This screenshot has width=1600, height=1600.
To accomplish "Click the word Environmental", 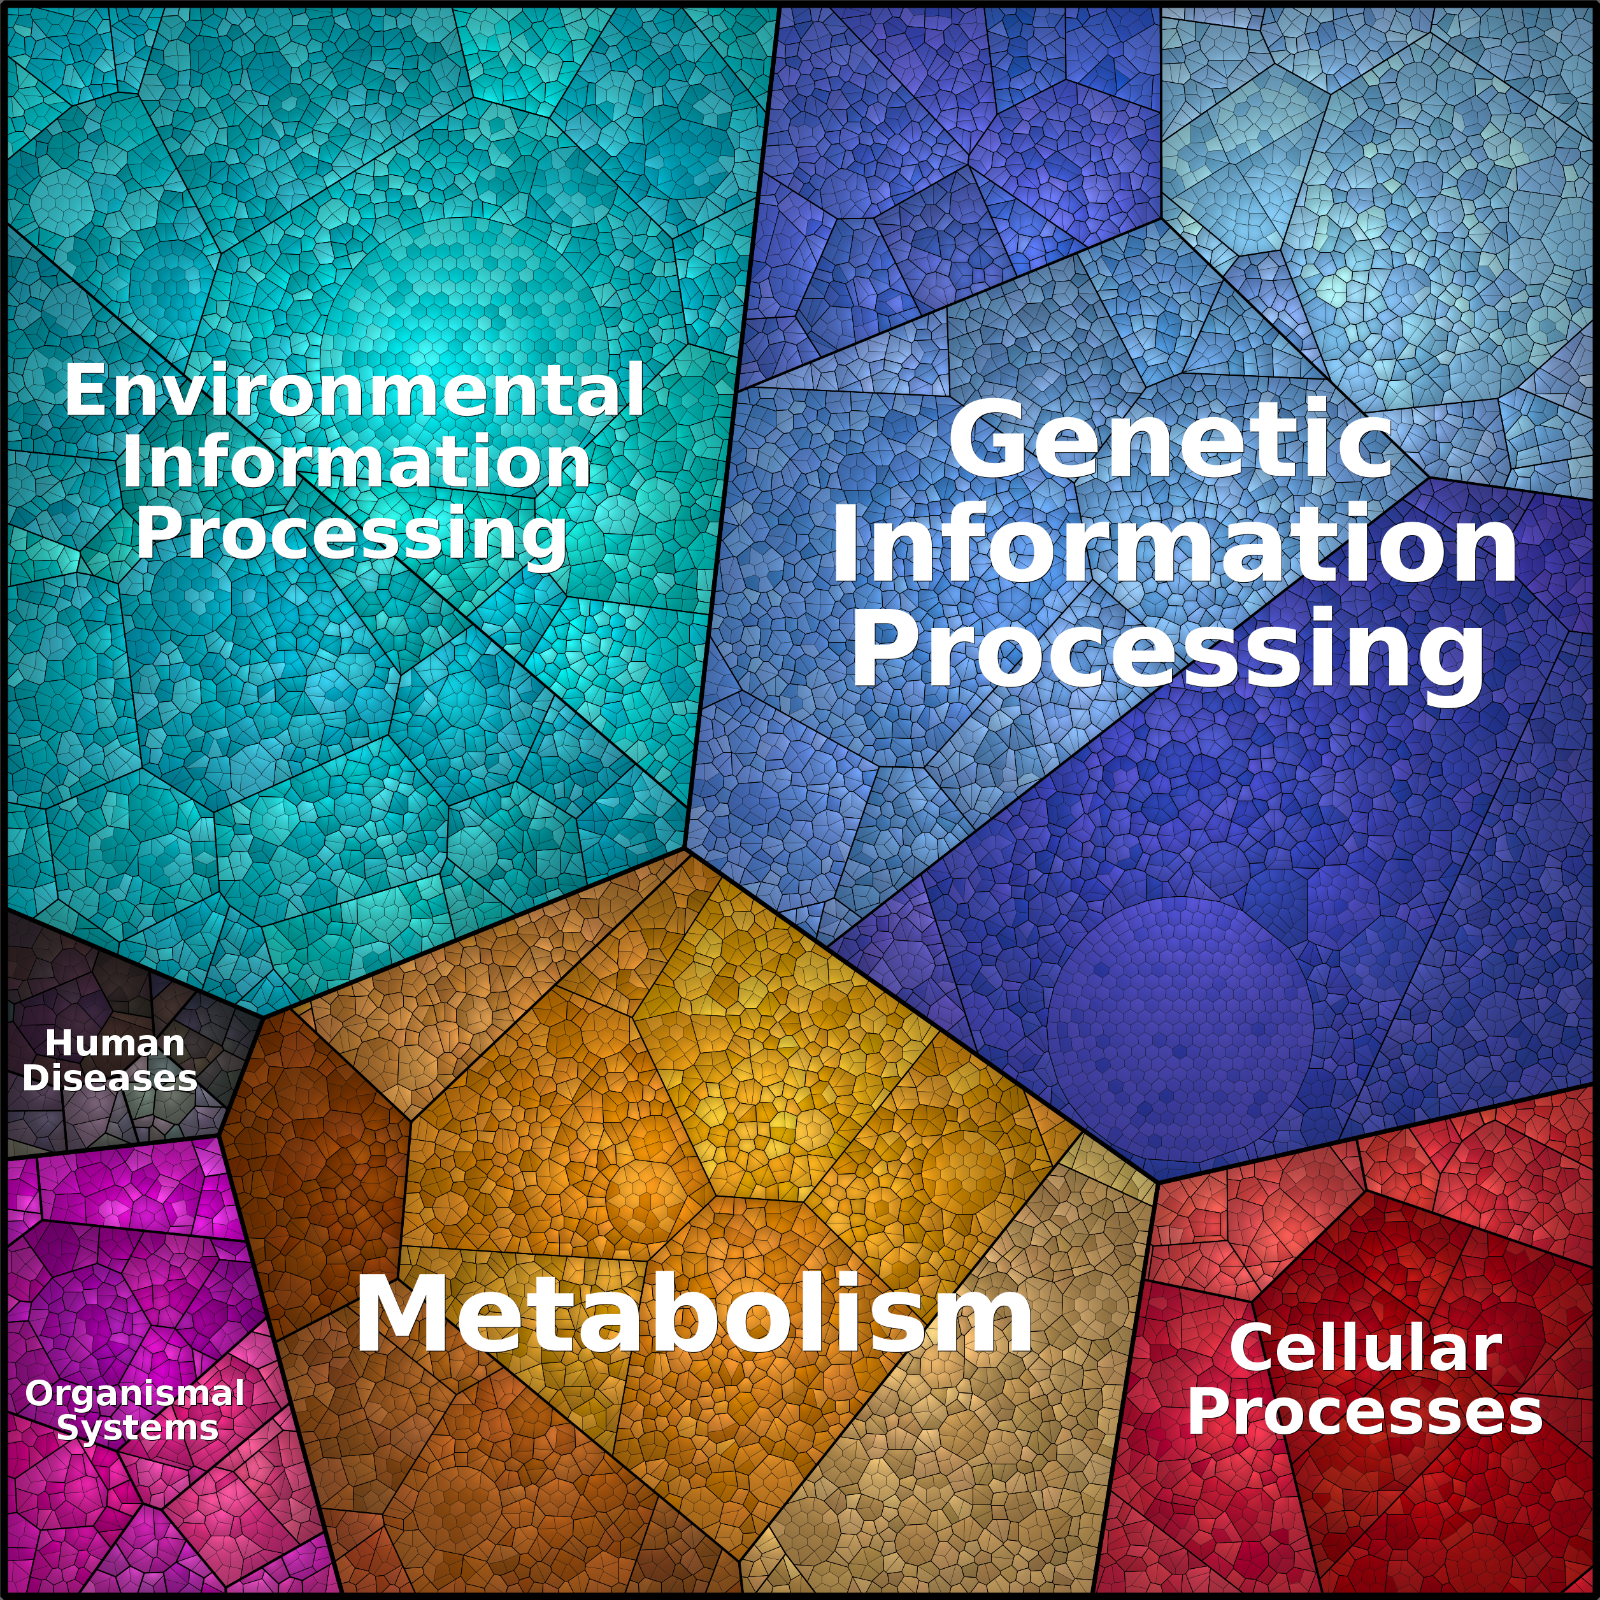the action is [354, 391].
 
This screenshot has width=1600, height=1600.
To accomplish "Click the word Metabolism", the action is [694, 1315].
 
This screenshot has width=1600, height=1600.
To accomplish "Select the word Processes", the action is [1365, 1413].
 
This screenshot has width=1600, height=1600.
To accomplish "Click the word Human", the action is [115, 1043].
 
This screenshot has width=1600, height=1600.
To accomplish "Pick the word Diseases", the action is [110, 1078].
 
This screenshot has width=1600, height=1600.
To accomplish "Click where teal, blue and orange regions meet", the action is [686, 848].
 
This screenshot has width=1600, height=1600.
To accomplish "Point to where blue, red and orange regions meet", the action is [1159, 1180].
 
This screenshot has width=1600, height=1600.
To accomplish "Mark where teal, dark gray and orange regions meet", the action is [263, 1016].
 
